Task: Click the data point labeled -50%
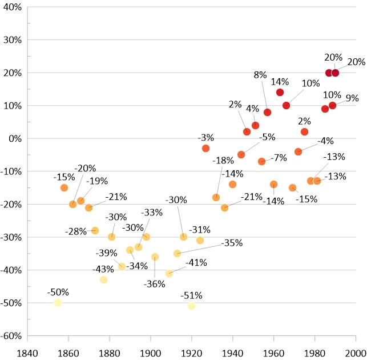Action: point(58,302)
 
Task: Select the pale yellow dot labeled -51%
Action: point(191,306)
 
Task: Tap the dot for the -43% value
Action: point(103,279)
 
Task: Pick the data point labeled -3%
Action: point(205,148)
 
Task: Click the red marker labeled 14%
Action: point(280,93)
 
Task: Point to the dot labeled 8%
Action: point(267,112)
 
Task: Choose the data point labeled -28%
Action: point(95,230)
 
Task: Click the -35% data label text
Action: point(231,243)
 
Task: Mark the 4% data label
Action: point(252,107)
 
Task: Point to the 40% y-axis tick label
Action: point(11,7)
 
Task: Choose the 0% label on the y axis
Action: point(14,138)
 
